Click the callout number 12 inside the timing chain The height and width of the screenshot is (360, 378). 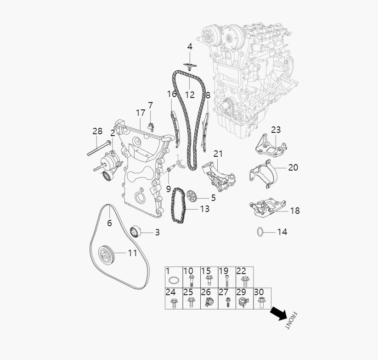click(190, 95)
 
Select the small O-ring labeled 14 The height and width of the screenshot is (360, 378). click(260, 231)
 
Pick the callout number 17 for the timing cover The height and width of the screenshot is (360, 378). click(141, 113)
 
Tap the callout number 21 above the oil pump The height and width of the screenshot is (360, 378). click(218, 153)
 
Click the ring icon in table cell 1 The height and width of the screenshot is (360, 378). click(173, 280)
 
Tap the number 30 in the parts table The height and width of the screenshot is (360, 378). click(259, 292)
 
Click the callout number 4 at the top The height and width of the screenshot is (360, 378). click(190, 46)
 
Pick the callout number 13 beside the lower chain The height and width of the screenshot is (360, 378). click(204, 209)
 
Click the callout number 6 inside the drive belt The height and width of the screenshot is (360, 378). click(109, 223)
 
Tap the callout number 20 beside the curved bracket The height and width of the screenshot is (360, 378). click(293, 167)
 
